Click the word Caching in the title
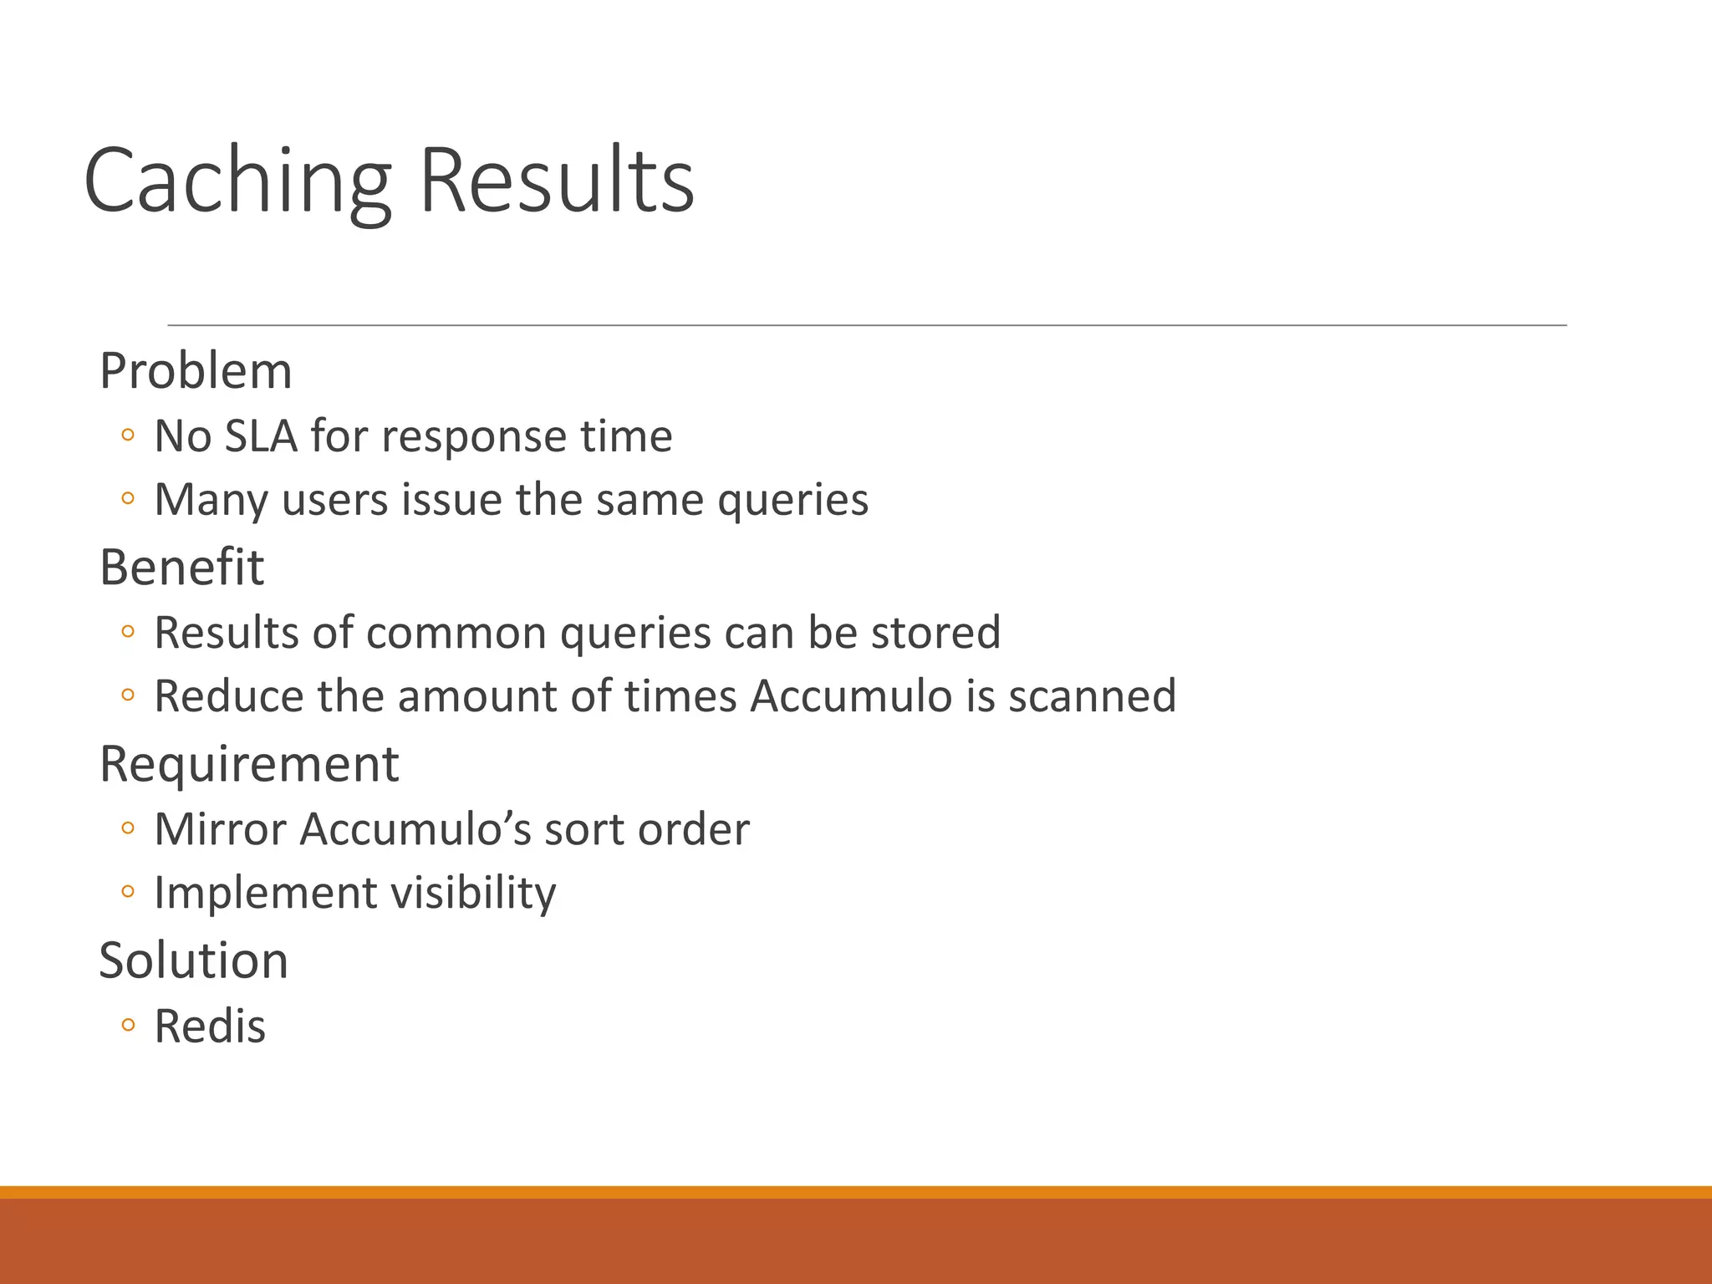(237, 181)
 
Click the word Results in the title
(556, 181)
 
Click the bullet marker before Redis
(127, 1026)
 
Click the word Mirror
(220, 829)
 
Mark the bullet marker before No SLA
(127, 436)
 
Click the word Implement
(265, 893)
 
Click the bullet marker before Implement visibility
(127, 893)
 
